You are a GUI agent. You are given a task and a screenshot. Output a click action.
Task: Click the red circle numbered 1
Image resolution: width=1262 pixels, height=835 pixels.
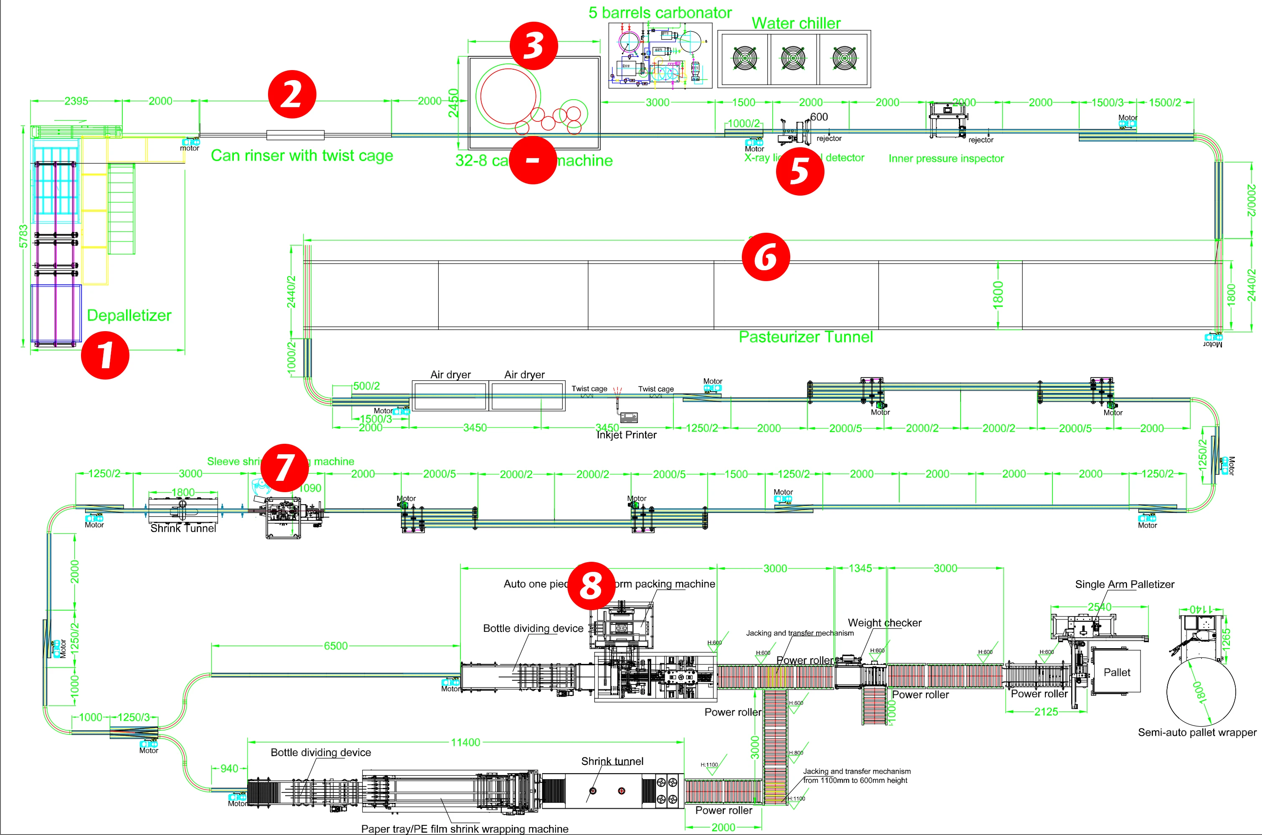105,355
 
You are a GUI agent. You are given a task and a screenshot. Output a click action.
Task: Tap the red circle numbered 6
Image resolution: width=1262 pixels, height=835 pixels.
766,257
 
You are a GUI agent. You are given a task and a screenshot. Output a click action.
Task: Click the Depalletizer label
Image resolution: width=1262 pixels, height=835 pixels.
129,315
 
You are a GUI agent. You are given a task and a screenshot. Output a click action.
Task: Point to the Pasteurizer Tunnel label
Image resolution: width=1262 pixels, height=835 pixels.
805,337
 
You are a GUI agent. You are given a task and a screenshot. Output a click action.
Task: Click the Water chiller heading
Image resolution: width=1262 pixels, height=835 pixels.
796,23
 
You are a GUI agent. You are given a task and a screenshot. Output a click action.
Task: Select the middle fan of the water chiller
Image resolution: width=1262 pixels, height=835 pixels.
793,58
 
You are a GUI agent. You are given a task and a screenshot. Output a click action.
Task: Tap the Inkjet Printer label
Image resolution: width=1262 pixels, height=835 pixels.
626,435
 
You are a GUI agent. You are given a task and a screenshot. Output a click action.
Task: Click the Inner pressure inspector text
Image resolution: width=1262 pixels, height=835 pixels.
946,158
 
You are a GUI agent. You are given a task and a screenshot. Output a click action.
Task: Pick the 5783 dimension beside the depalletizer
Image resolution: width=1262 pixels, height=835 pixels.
23,236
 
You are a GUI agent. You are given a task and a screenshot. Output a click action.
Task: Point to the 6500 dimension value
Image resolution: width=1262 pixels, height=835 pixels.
336,646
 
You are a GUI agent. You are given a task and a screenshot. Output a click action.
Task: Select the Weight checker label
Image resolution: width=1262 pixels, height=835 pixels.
885,623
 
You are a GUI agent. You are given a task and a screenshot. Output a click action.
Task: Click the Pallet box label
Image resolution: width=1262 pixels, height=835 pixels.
1116,673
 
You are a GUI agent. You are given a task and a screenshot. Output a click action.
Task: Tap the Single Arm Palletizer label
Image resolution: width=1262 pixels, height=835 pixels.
1125,584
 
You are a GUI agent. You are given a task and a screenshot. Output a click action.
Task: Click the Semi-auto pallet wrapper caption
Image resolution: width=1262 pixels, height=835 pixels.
1197,732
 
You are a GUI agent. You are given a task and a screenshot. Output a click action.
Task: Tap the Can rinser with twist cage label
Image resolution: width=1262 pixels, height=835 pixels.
302,156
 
